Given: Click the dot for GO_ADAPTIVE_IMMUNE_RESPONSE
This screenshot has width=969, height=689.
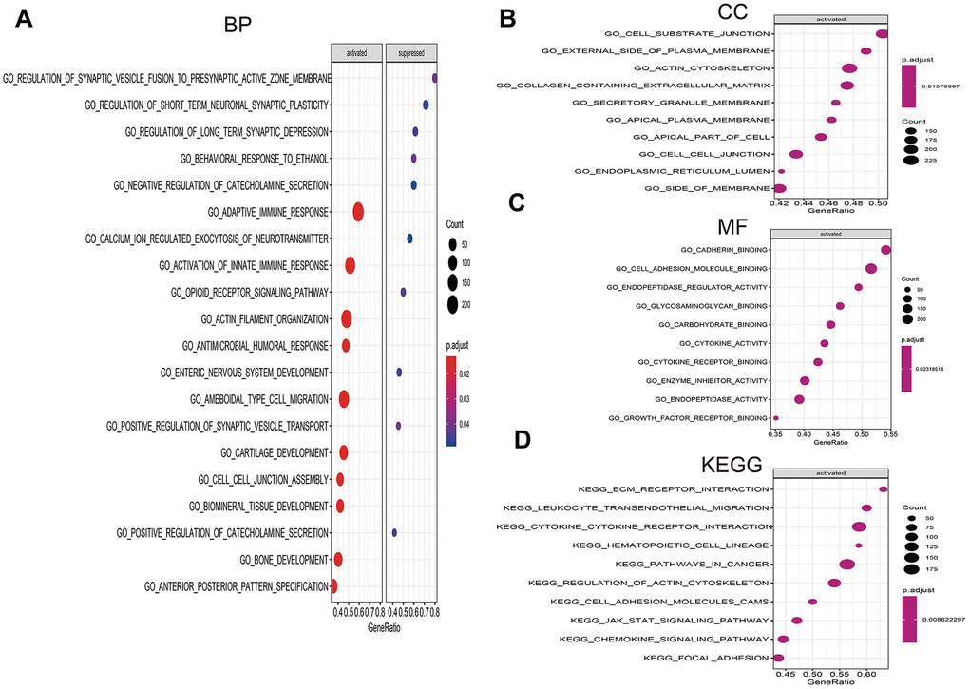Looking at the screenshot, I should click(x=358, y=212).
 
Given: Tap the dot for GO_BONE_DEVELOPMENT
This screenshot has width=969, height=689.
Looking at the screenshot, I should click(x=337, y=559).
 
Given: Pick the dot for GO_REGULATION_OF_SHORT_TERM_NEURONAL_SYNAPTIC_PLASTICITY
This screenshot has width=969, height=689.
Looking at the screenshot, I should click(x=426, y=105).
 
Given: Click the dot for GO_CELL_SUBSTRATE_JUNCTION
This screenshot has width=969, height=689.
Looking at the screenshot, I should click(x=882, y=34).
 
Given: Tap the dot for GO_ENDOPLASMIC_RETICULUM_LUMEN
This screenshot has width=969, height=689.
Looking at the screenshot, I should click(x=781, y=172).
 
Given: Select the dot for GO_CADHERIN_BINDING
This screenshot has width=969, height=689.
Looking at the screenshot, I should click(x=885, y=250).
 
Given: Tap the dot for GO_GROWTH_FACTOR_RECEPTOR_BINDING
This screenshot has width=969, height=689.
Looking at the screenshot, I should click(x=776, y=417).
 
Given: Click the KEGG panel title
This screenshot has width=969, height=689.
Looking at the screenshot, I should click(x=733, y=465).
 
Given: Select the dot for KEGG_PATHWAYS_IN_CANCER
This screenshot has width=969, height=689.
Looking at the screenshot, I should click(x=846, y=565).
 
